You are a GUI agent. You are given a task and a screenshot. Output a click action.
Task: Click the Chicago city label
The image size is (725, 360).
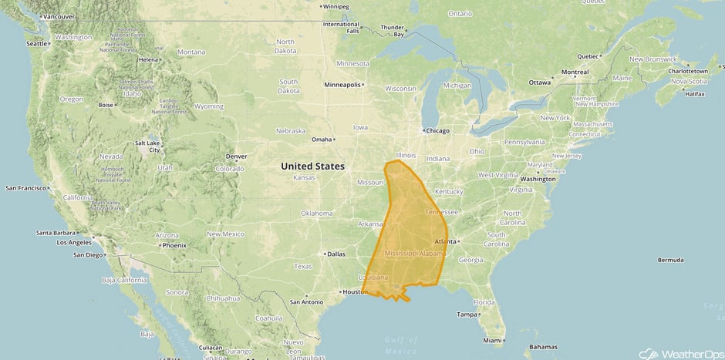tap(437, 130)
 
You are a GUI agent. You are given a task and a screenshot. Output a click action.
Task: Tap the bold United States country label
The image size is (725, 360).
tap(312, 166)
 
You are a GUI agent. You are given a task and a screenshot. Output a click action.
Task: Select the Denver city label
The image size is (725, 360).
tap(236, 156)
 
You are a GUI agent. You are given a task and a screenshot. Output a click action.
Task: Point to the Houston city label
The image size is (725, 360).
tap(352, 292)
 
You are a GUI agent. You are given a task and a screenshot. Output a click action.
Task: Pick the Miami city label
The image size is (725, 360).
tap(491, 340)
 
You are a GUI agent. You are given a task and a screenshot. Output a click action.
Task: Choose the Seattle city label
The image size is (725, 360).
tap(36, 43)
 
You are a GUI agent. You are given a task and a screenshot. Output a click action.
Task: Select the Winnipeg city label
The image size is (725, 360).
tap(336, 7)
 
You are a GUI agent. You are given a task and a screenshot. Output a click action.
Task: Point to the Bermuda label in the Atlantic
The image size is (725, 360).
tap(670, 260)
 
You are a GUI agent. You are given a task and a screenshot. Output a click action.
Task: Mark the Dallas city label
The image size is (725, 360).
tap(336, 254)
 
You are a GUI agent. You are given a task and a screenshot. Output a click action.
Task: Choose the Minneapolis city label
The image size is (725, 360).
tap(342, 85)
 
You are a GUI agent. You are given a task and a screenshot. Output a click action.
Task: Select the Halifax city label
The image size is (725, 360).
tap(694, 93)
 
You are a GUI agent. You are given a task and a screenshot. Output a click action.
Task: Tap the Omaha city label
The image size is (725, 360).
tap(321, 140)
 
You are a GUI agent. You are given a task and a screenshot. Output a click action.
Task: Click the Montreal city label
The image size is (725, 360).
tap(575, 72)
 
